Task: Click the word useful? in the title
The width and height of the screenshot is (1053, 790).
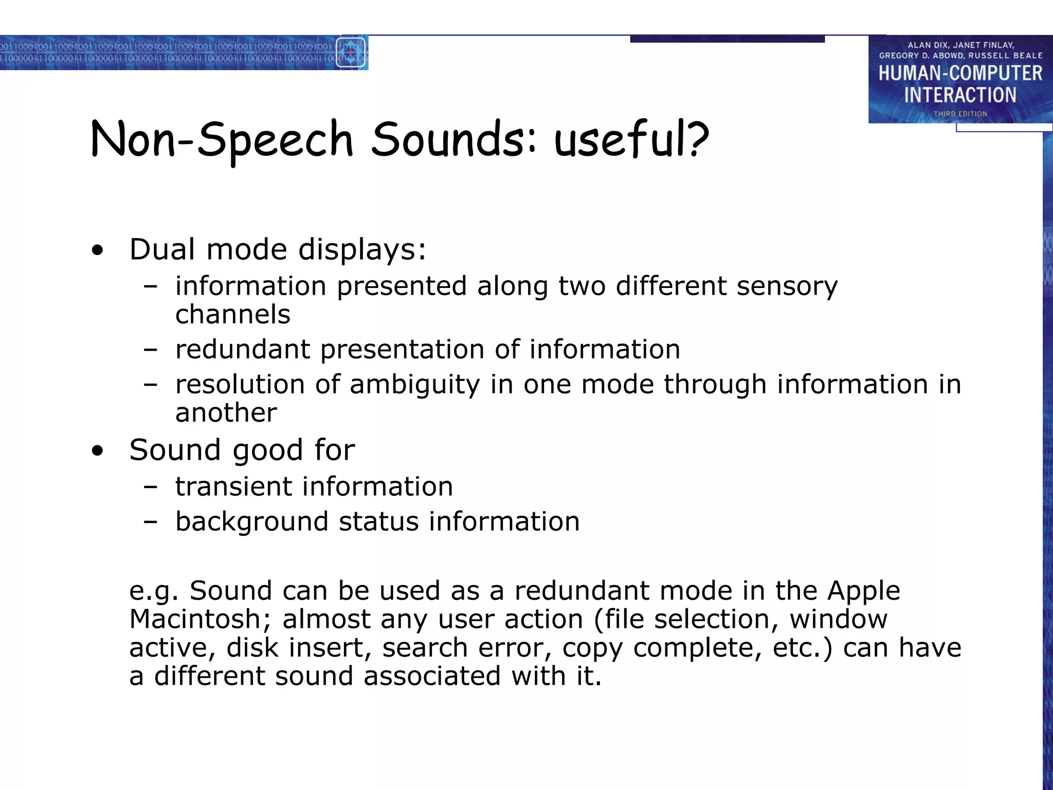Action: (631, 140)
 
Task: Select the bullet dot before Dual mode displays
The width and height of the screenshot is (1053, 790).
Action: (97, 252)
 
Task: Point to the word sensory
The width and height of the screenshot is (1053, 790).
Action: (787, 287)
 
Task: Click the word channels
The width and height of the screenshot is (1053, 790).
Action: (233, 315)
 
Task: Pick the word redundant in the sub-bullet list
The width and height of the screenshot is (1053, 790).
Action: (243, 350)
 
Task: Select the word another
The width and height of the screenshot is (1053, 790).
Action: (226, 413)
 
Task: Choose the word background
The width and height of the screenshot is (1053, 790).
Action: (252, 522)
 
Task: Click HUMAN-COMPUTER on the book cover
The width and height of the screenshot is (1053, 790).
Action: (960, 74)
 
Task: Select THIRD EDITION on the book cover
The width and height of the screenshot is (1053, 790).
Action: (960, 114)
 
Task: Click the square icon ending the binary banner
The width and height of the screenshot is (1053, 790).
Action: (351, 52)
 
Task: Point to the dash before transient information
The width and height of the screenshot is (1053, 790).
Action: (151, 487)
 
